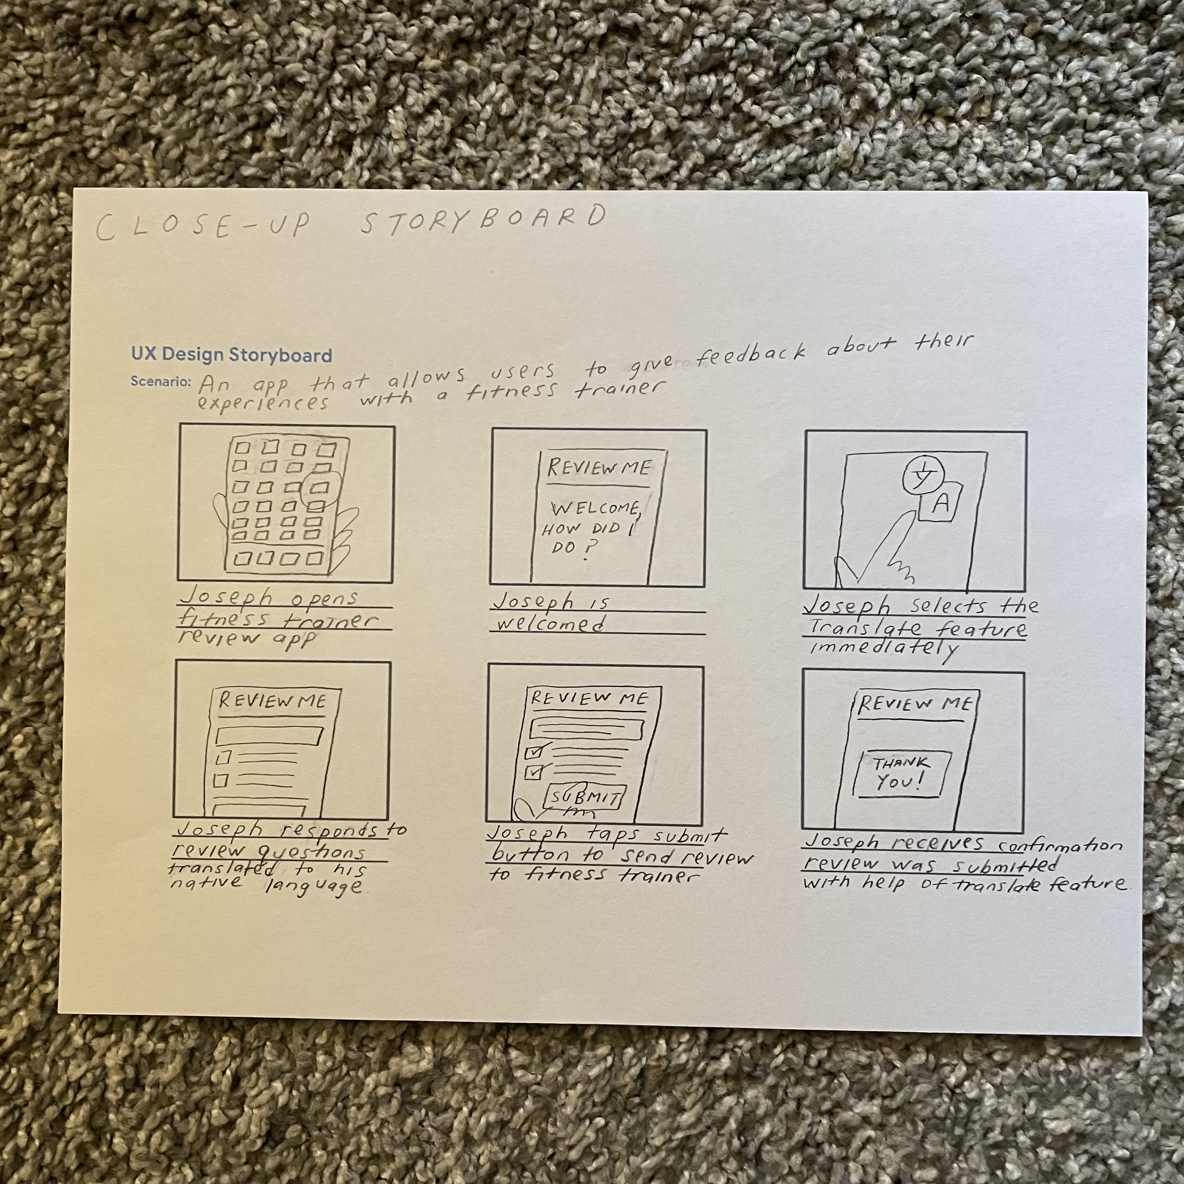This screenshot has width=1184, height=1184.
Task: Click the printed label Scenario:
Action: point(161,381)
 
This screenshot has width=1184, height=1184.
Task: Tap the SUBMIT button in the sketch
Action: point(585,797)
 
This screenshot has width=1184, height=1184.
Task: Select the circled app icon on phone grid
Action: point(320,488)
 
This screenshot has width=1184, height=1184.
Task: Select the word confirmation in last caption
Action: point(1061,846)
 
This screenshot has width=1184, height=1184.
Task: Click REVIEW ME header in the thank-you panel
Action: point(914,704)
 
